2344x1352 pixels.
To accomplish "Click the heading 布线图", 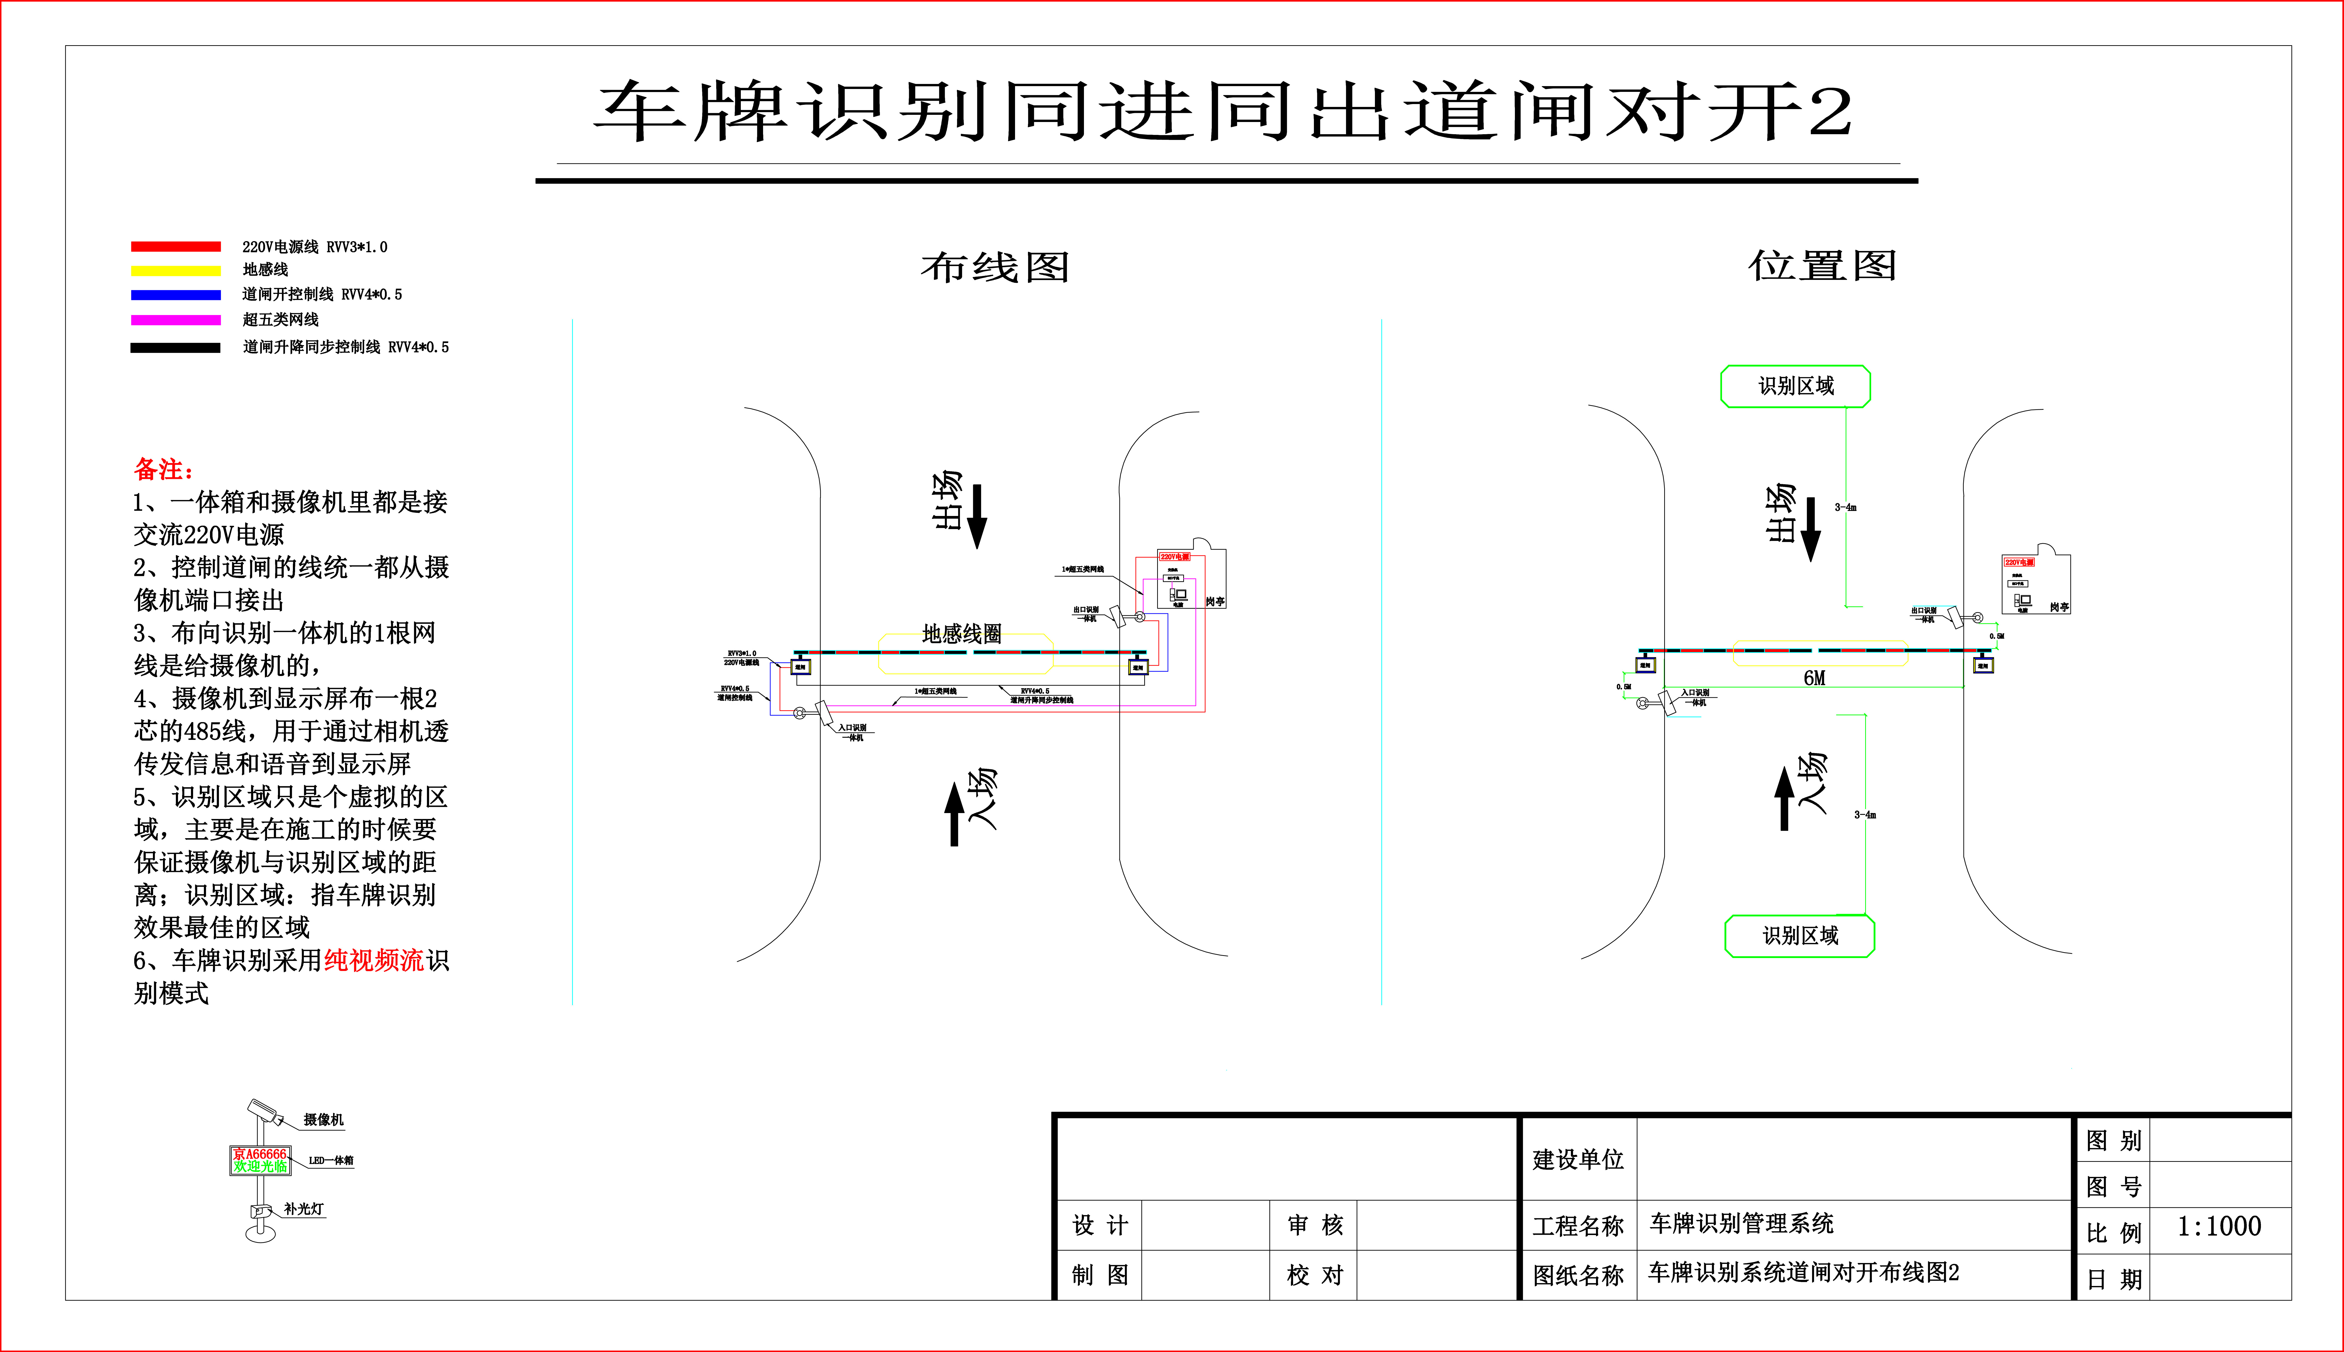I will click(995, 267).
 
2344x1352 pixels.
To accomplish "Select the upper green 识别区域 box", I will click(1795, 386).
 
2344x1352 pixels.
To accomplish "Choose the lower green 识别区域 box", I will click(1800, 936).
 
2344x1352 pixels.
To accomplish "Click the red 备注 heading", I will click(163, 469).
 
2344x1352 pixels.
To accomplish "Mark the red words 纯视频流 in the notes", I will click(373, 960).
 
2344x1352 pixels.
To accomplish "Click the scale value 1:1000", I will click(2219, 1227).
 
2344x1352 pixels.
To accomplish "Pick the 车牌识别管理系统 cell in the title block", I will click(1741, 1224).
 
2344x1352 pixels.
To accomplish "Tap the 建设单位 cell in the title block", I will click(1578, 1160).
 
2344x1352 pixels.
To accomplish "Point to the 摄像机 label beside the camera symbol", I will click(323, 1120).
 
